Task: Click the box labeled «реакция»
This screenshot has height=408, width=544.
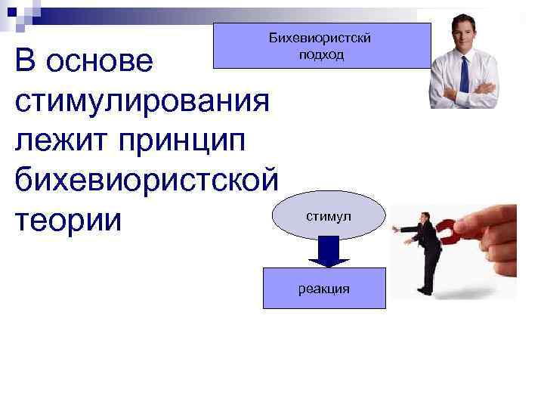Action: coord(324,288)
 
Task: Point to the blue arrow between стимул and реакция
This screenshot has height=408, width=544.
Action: coord(323,251)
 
